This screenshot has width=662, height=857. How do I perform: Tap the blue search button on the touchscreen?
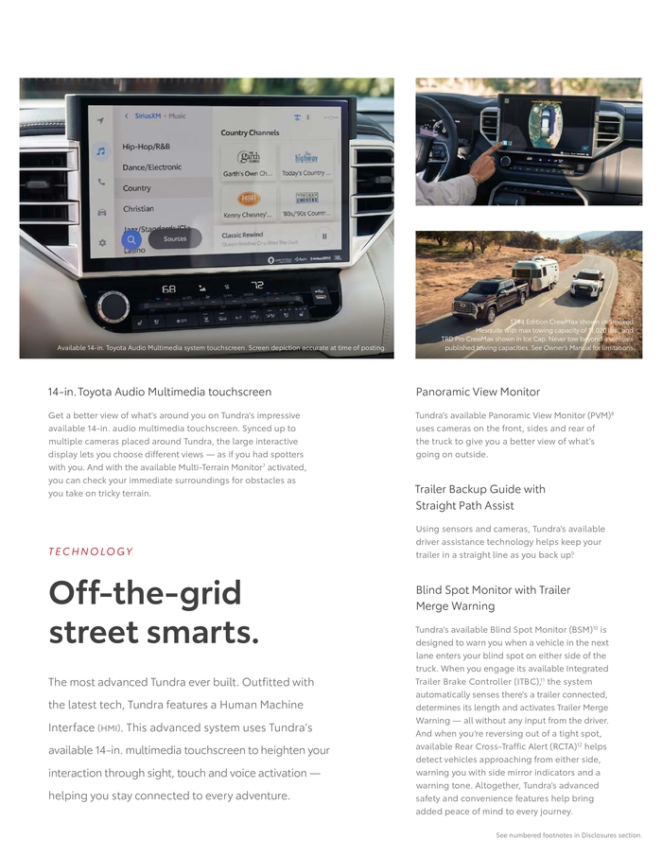131,240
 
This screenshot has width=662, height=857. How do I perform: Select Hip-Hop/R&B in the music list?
146,147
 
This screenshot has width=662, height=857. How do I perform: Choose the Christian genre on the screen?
138,208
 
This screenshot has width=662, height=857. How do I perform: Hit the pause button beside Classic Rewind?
324,236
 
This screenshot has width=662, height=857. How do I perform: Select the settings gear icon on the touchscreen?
102,243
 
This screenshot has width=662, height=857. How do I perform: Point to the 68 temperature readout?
168,288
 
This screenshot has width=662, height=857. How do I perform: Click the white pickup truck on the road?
587,283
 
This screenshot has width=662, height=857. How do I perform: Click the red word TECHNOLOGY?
91,551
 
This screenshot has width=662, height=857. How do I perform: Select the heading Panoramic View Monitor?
478,392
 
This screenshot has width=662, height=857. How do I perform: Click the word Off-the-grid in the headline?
145,593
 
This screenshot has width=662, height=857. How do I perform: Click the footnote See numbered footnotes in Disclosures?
568,835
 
